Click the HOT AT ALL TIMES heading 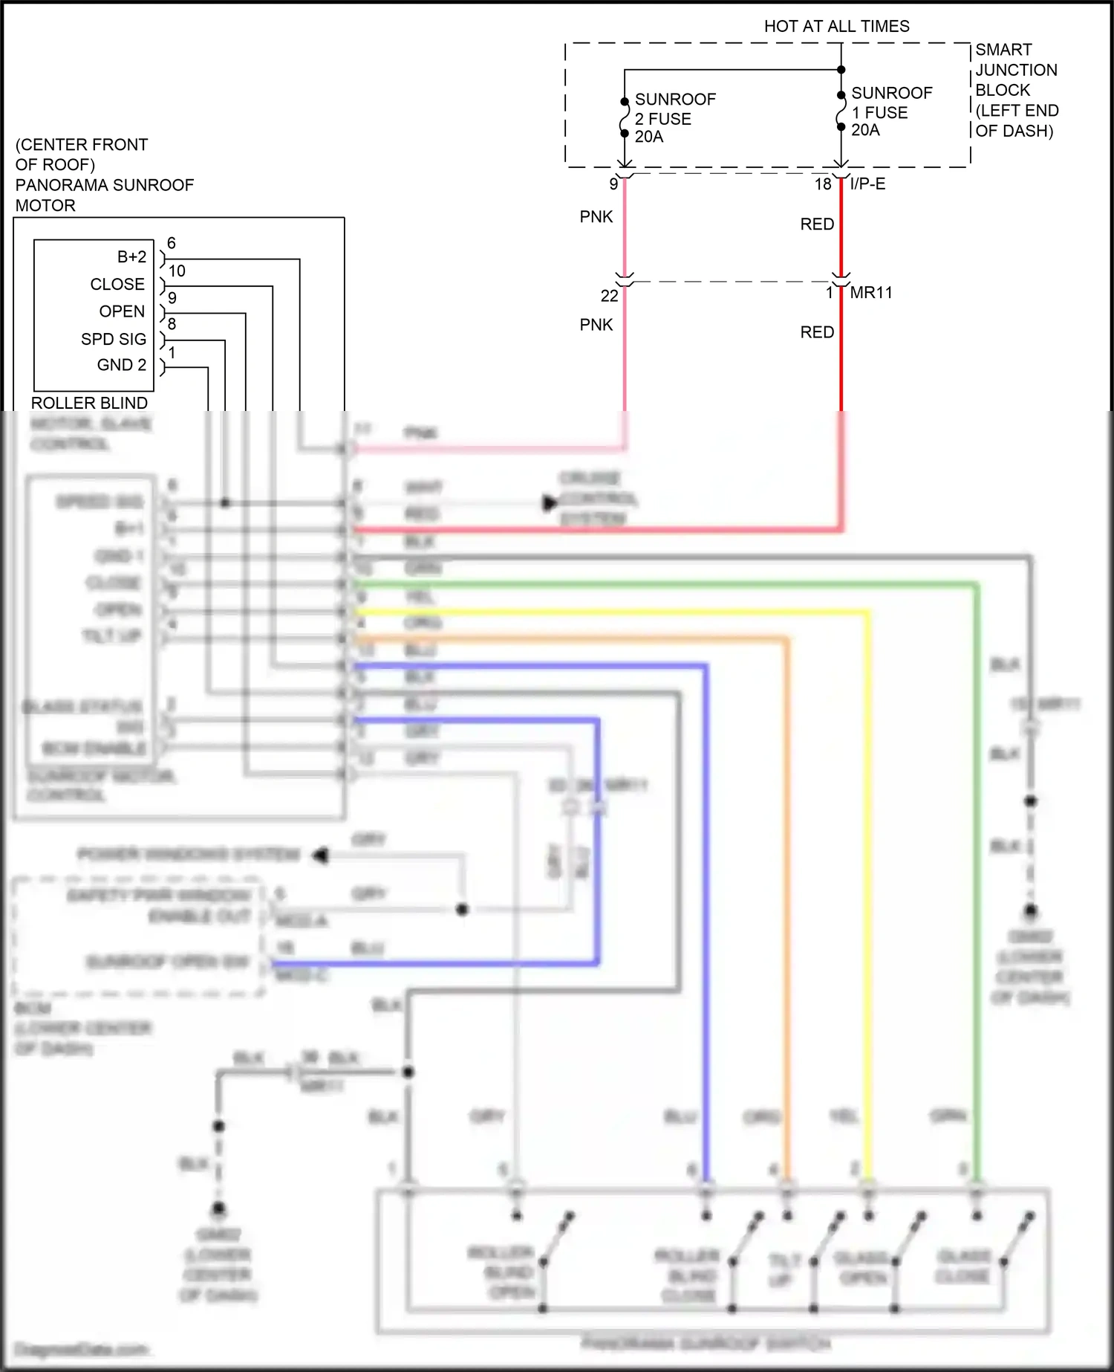pos(836,27)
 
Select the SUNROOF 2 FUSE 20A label pos(674,118)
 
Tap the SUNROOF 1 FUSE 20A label pos(891,111)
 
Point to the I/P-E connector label pos(867,184)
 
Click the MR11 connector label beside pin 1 pos(870,293)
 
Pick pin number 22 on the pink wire pos(609,296)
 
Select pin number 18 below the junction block pos(822,184)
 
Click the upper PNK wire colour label pos(596,217)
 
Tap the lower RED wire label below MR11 pos(817,332)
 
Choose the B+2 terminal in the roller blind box pos(131,257)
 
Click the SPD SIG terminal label pos(114,339)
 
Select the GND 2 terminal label pos(121,365)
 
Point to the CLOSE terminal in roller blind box pos(117,285)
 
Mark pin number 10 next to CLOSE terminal pos(177,271)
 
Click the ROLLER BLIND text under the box pos(89,403)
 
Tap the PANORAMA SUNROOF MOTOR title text pos(104,185)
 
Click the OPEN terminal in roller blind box pos(122,311)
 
